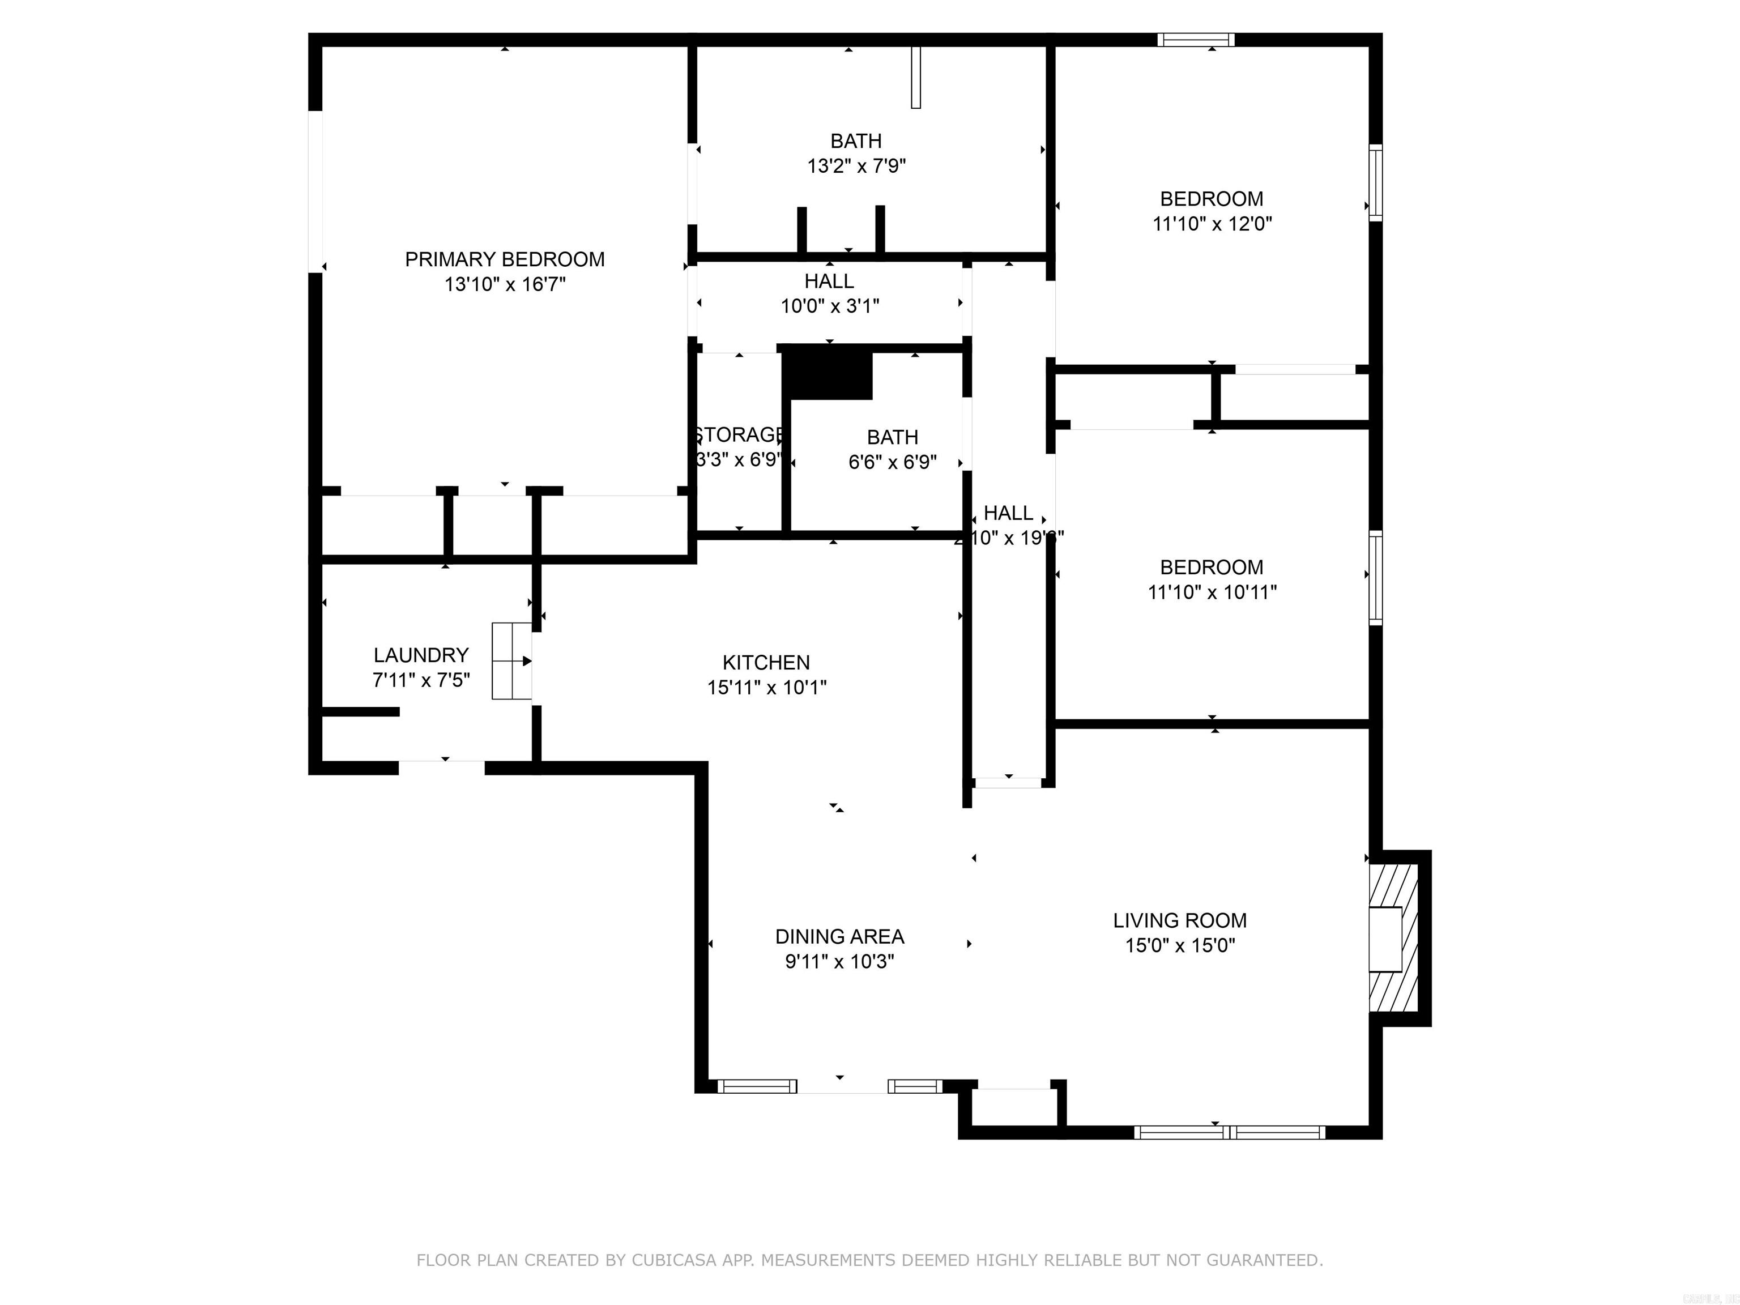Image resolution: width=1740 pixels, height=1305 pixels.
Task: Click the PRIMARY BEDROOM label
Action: [504, 259]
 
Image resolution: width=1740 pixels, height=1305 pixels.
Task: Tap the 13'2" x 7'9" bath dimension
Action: [856, 167]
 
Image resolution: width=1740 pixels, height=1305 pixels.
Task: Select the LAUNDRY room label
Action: [421, 655]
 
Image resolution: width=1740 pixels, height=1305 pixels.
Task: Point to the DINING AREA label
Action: [839, 937]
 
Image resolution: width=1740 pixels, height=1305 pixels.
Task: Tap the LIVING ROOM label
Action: [1179, 920]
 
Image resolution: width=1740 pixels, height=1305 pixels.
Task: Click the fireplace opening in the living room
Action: [1385, 939]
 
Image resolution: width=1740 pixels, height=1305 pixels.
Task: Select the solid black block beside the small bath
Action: [828, 375]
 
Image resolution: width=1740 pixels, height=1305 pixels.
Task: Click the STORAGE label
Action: [739, 435]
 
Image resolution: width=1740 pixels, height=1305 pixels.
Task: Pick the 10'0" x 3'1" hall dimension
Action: [829, 306]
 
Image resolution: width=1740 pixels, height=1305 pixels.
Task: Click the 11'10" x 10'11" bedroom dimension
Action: [1212, 592]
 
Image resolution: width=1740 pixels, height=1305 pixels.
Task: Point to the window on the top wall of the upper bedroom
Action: [1196, 40]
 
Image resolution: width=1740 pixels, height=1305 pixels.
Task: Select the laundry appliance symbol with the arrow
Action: [511, 661]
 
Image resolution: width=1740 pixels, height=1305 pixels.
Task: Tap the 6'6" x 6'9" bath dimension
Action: [892, 463]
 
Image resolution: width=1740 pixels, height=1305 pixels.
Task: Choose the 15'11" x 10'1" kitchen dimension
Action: [766, 688]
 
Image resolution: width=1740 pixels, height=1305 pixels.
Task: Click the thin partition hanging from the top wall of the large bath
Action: [916, 76]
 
